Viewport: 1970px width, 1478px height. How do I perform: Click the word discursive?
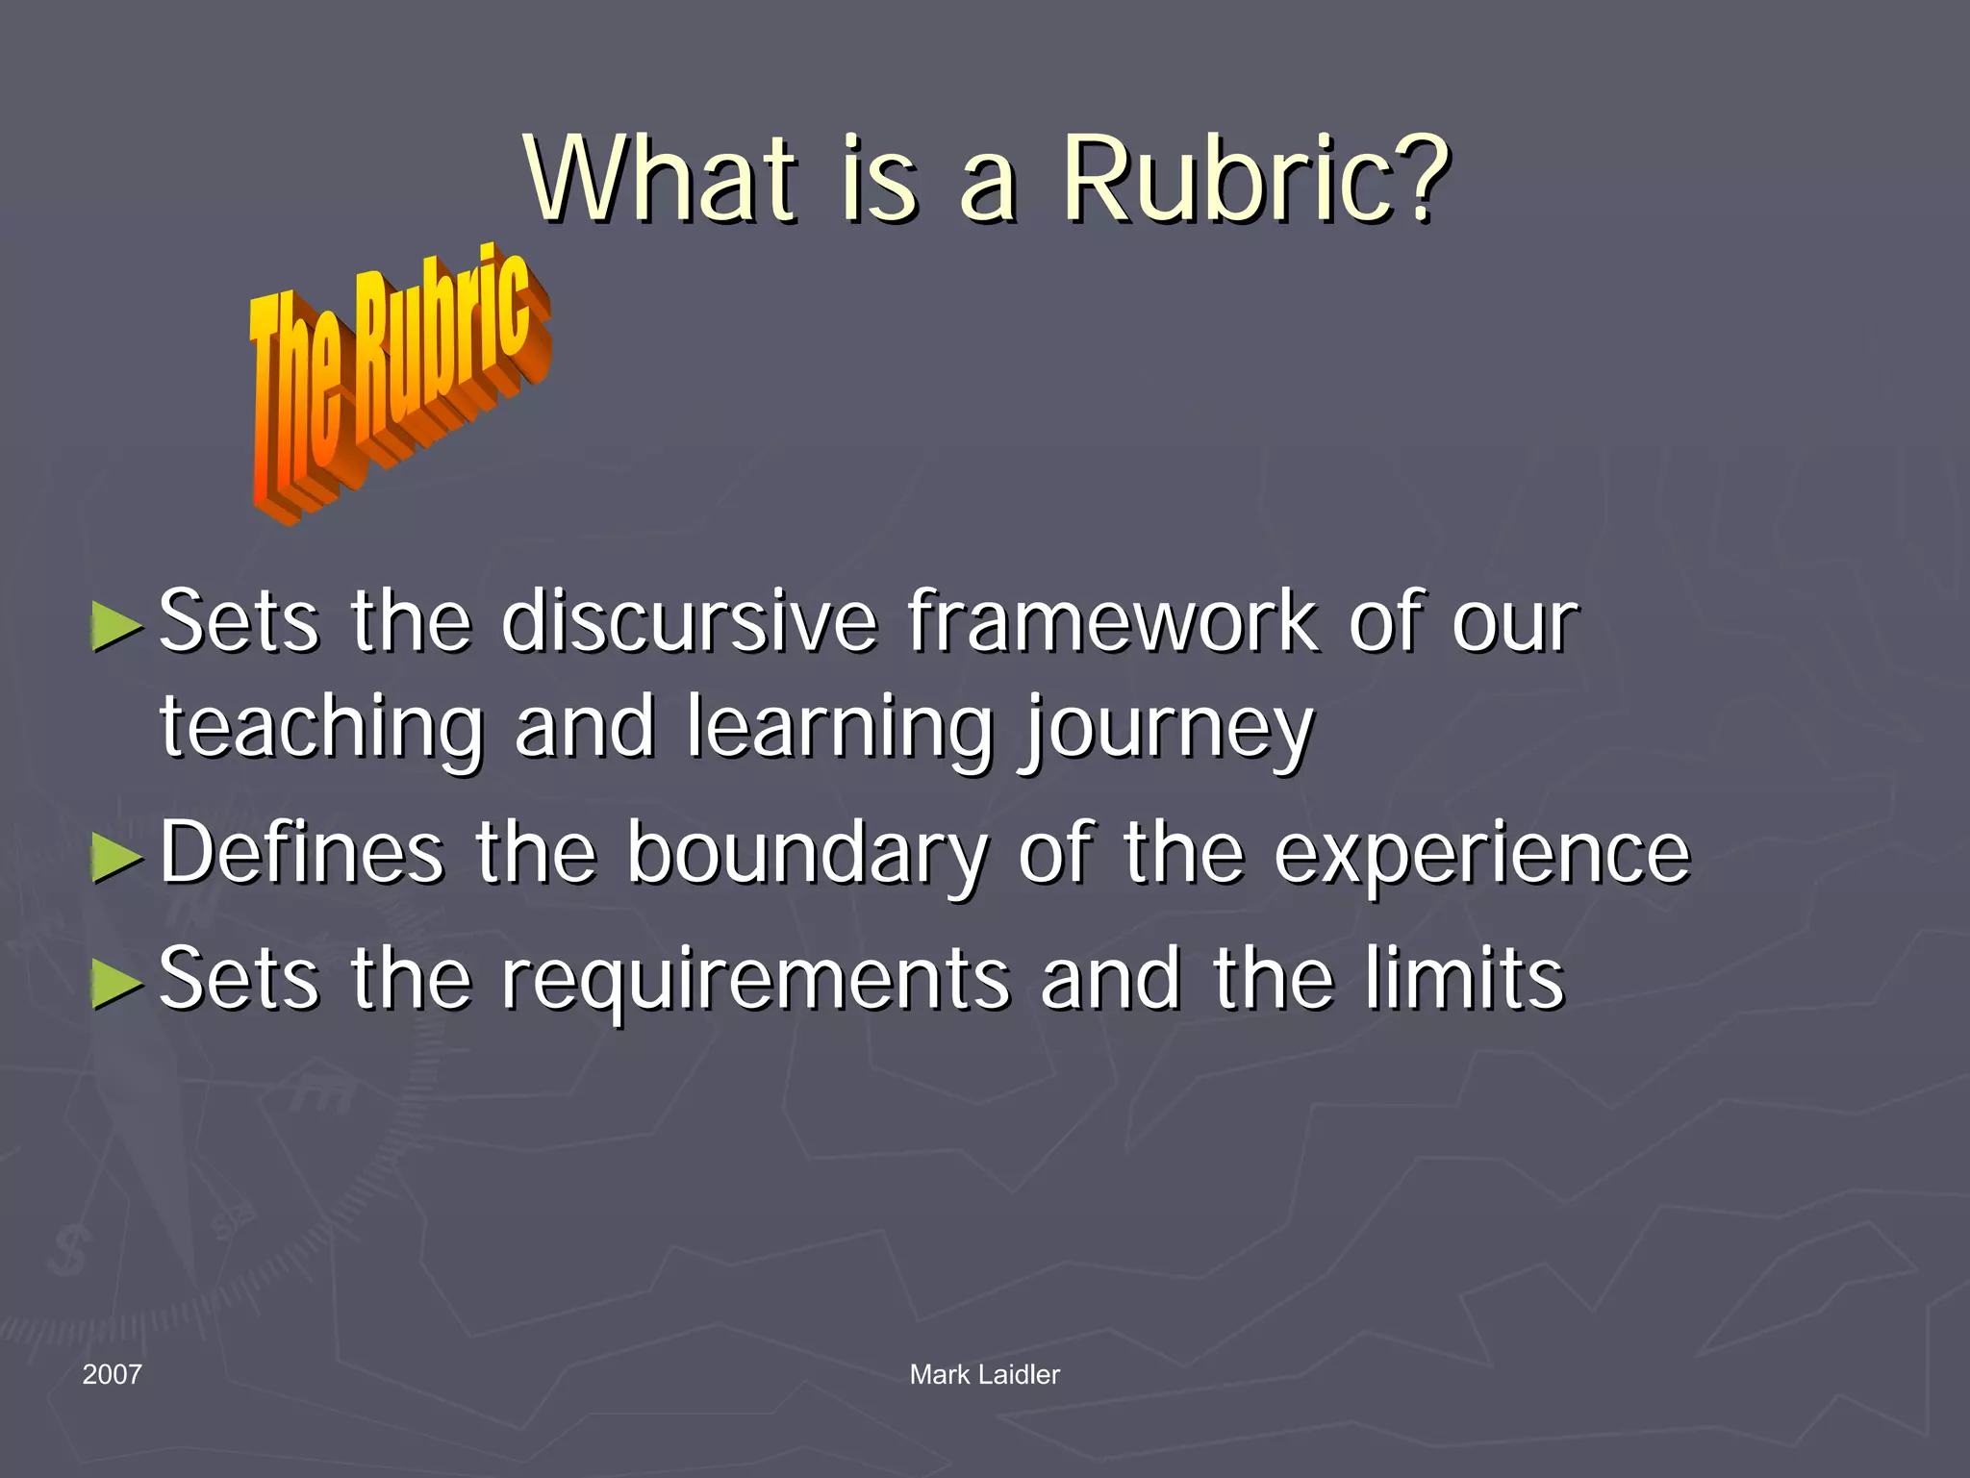689,622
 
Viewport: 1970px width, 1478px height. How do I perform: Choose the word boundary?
807,854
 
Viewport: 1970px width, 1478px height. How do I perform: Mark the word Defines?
301,852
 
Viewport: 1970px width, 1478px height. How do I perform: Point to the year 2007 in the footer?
112,1374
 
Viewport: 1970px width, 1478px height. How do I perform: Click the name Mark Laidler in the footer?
984,1374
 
